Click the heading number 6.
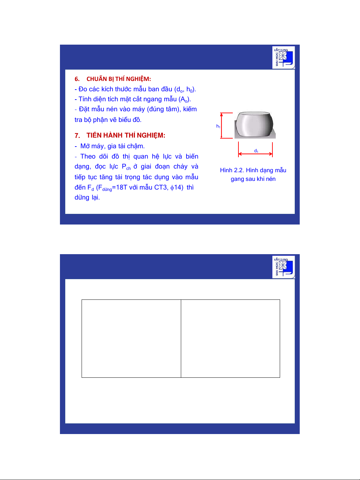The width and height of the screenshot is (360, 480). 77,79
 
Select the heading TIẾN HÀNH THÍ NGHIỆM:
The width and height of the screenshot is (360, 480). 126,135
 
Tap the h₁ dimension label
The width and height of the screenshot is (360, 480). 218,126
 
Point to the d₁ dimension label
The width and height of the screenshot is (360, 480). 256,151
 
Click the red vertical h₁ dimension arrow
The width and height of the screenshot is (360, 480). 221,126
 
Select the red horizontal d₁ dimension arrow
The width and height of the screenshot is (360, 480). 255,154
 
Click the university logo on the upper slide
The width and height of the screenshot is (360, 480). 283,58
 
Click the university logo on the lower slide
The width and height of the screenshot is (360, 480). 283,267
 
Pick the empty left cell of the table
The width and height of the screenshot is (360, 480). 131,338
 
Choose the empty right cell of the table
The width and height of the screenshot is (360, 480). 230,338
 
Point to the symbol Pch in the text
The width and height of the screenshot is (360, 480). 126,167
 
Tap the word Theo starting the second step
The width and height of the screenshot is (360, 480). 88,156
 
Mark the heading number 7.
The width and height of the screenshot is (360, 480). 77,136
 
